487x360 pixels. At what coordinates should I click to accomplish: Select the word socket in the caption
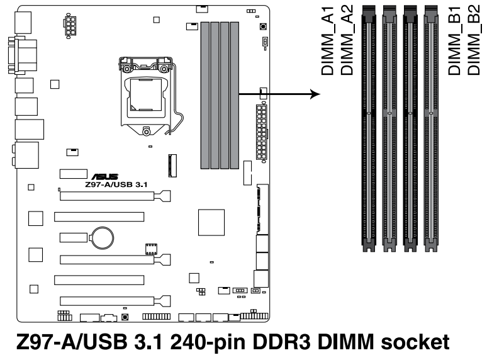click(x=410, y=342)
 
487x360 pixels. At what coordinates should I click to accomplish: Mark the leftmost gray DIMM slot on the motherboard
click(x=204, y=94)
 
